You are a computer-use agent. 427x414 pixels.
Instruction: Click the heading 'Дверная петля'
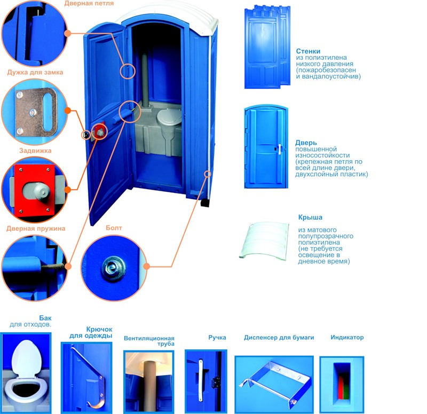click(89, 4)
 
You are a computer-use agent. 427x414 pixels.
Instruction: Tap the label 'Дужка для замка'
click(35, 72)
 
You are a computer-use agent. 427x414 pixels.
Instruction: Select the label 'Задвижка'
click(35, 151)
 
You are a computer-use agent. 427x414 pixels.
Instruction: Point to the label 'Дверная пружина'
click(36, 229)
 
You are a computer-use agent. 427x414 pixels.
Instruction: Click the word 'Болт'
click(114, 228)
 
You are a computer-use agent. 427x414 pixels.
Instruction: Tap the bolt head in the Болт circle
click(114, 268)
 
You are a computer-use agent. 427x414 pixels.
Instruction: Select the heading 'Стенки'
click(308, 51)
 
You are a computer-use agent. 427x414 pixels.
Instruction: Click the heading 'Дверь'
click(306, 143)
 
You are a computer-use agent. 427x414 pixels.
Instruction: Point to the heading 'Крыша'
click(310, 217)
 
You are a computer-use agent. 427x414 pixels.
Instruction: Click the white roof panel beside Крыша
click(264, 240)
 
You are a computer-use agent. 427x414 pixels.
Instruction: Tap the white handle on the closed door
click(279, 150)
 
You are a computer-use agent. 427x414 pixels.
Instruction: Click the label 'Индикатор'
click(347, 338)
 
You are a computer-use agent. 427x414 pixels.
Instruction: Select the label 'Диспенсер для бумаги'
click(279, 338)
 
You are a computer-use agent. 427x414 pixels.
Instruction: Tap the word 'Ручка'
click(217, 338)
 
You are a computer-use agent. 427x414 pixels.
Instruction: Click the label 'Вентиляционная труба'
click(149, 341)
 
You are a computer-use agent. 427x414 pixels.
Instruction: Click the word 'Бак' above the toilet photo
click(45, 318)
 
